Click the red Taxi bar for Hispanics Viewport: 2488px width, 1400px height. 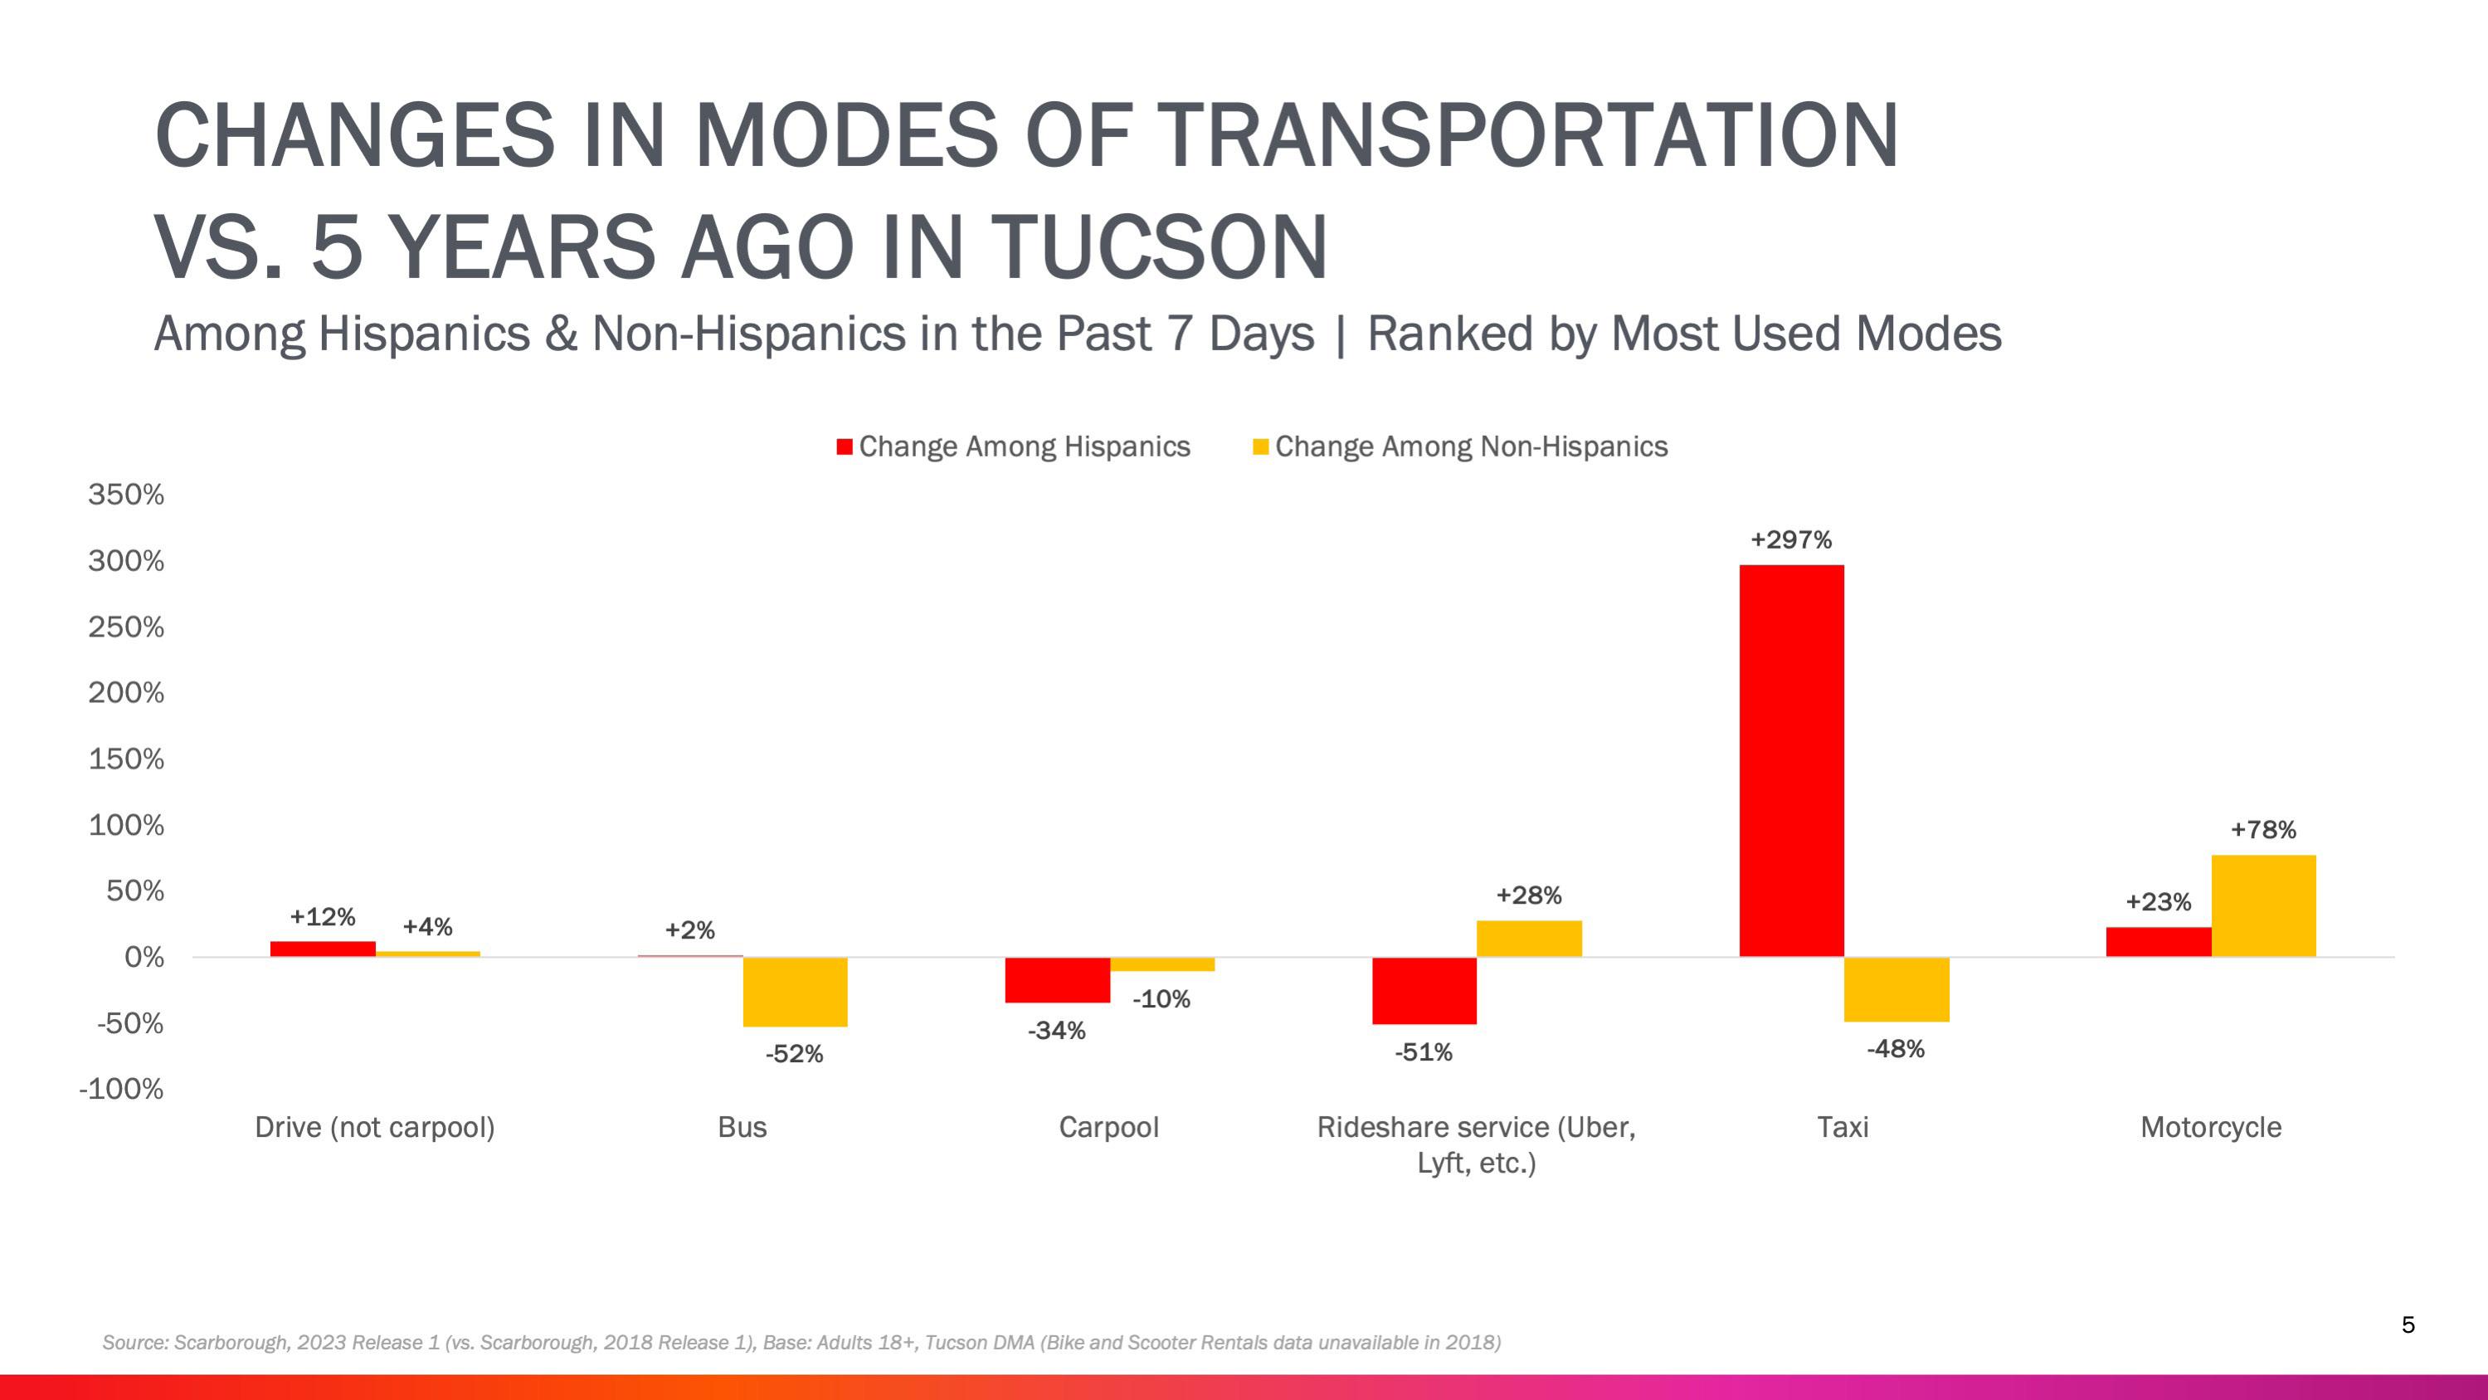(x=1792, y=760)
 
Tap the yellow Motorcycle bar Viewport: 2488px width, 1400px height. (x=2263, y=905)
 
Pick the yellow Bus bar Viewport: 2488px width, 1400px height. (x=795, y=992)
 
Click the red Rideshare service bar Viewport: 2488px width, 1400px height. (x=1424, y=990)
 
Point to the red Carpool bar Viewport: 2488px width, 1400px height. (x=1057, y=980)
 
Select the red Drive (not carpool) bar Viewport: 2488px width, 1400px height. (x=323, y=949)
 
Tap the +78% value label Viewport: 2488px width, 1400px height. (x=2263, y=830)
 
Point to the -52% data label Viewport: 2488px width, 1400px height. (x=794, y=1054)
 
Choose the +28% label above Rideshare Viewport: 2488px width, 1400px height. (x=1529, y=895)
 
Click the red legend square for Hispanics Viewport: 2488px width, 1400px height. (x=845, y=446)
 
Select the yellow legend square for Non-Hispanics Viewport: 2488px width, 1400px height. (x=1260, y=446)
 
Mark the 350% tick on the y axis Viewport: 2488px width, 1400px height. (x=127, y=495)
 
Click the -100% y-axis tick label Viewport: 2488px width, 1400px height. (x=122, y=1089)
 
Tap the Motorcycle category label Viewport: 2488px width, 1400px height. (x=2211, y=1128)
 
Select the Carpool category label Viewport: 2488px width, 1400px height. (x=1109, y=1128)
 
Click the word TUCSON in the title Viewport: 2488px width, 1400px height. (x=1159, y=247)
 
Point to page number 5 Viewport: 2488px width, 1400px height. (x=2408, y=1324)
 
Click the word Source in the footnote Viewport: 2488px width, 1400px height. (x=134, y=1343)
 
